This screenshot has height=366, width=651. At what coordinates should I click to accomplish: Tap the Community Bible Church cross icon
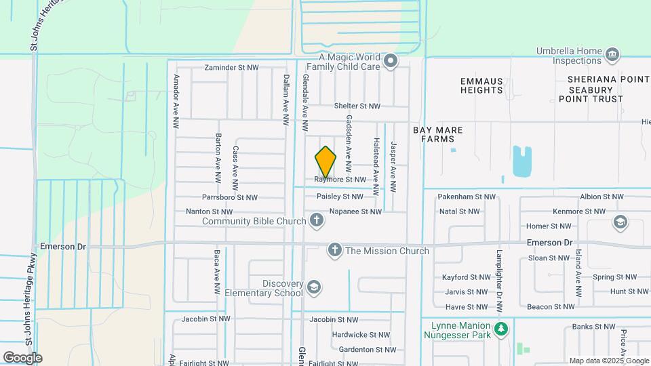tap(316, 220)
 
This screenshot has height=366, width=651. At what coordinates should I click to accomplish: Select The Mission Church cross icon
tap(334, 251)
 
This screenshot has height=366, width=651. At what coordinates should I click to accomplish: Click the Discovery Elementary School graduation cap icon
tap(313, 288)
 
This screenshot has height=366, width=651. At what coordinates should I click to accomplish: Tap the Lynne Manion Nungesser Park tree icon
tap(501, 329)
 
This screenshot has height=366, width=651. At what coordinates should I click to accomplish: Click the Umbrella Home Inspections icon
tap(612, 54)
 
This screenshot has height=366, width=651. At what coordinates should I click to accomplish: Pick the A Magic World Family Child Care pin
tap(391, 62)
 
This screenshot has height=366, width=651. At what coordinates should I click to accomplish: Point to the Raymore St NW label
tap(340, 180)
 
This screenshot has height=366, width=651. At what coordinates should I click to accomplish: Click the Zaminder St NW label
tap(232, 68)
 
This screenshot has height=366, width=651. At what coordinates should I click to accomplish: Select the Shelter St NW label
tap(357, 106)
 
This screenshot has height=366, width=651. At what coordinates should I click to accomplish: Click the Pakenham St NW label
tap(467, 197)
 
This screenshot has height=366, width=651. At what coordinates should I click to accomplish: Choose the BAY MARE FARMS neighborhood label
tap(433, 134)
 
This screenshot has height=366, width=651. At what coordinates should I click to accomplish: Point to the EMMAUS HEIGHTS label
tap(481, 85)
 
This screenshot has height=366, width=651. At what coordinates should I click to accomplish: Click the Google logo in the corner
tap(22, 357)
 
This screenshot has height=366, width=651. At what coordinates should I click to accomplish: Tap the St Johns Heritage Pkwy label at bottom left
tap(32, 285)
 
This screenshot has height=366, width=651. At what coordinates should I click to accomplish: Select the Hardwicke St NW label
tap(360, 335)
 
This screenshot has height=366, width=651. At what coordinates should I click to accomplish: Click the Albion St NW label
tap(601, 197)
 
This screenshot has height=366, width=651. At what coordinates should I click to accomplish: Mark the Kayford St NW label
tap(466, 277)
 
